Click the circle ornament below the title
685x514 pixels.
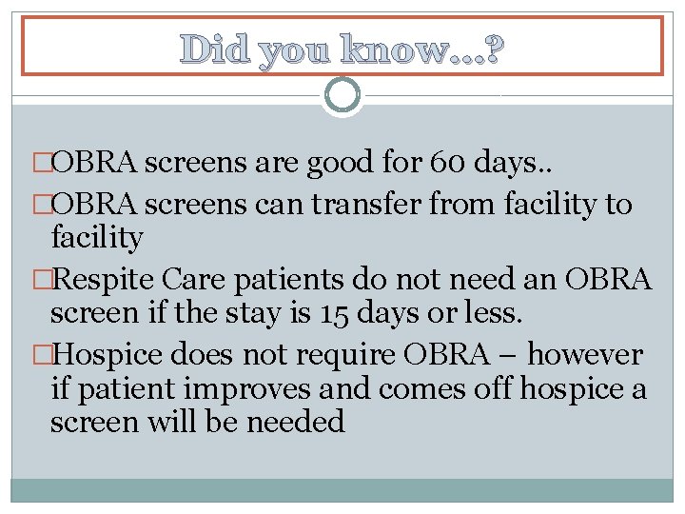(342, 95)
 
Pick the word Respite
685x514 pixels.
(105, 280)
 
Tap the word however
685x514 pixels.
(585, 355)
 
